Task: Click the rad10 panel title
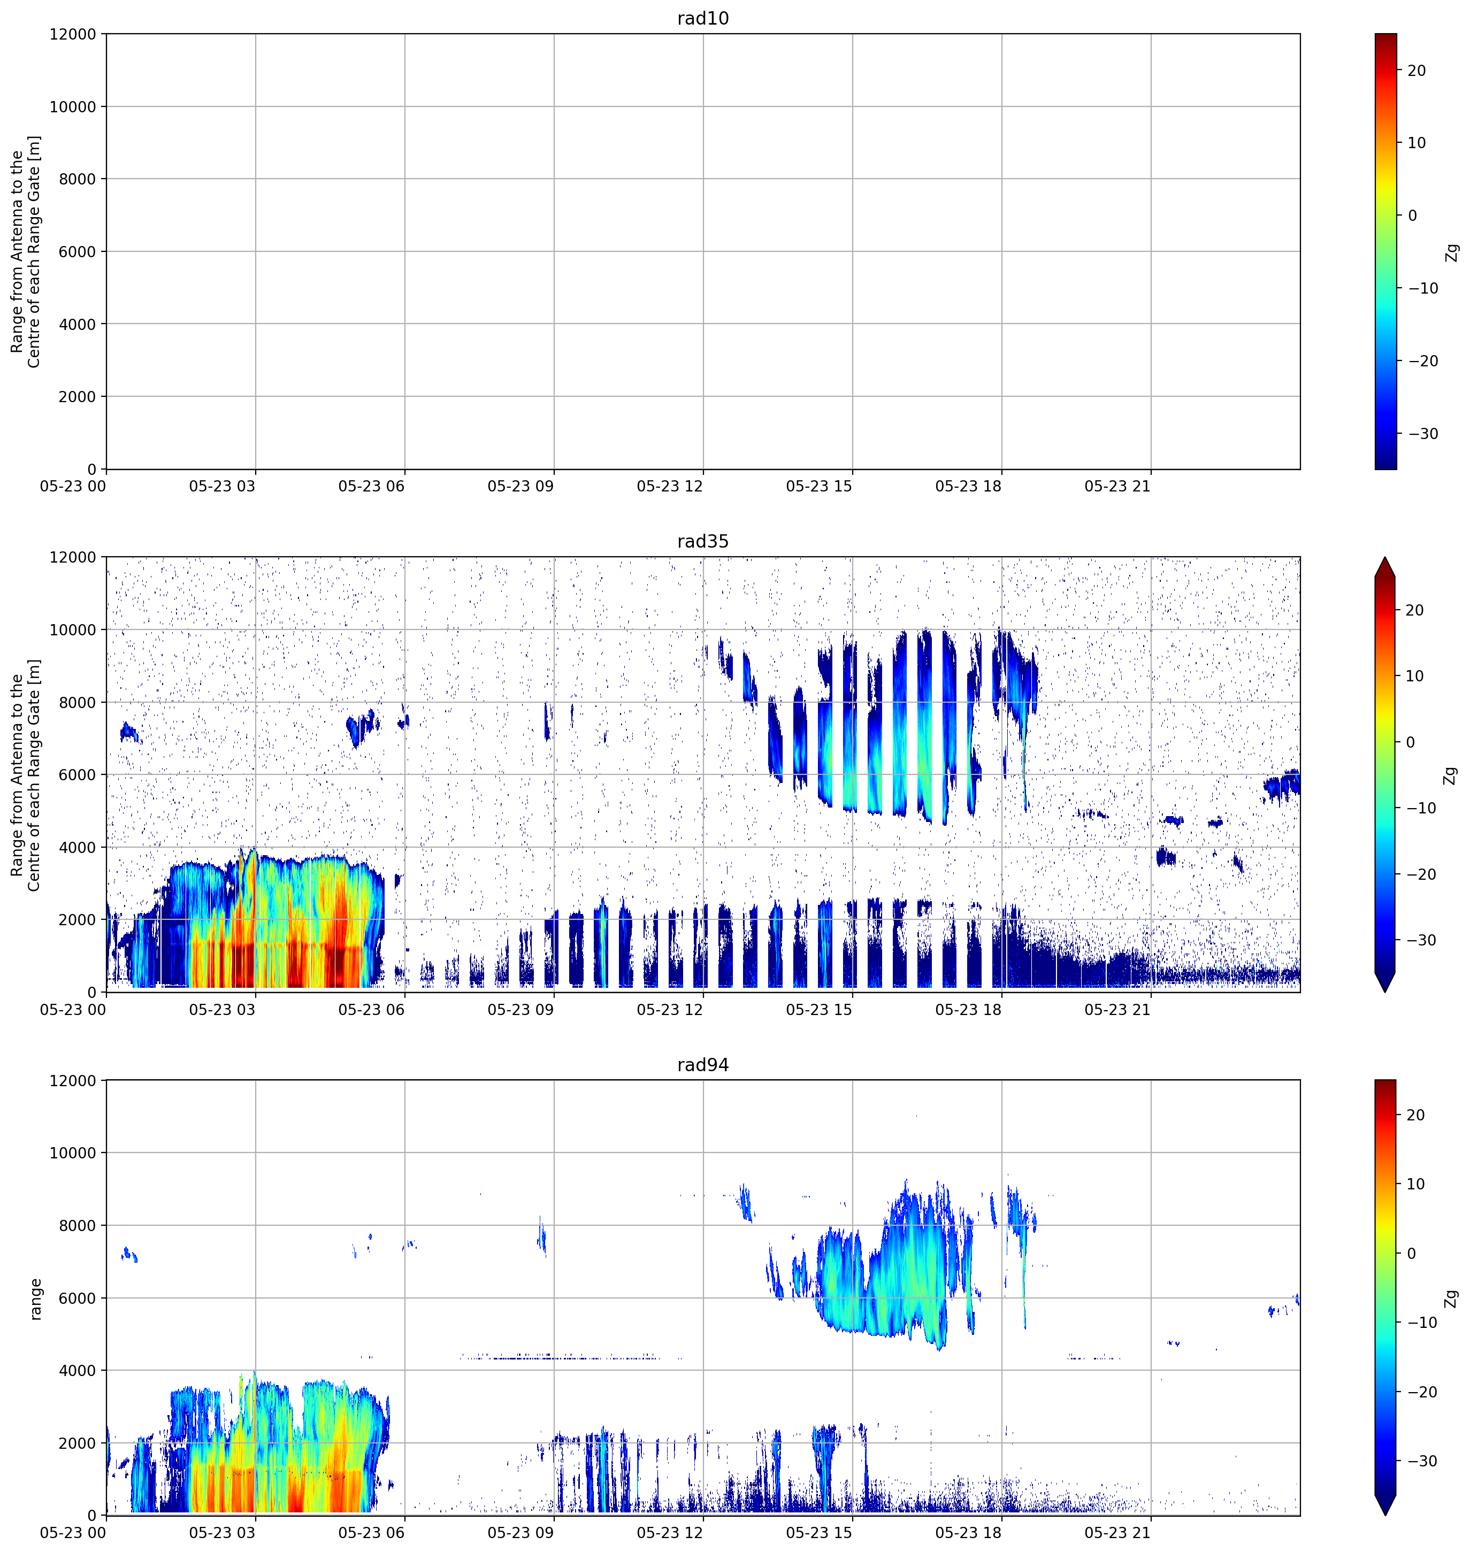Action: point(703,18)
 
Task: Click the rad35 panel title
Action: point(703,541)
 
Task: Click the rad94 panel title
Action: point(703,1065)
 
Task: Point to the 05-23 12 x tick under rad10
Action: point(670,487)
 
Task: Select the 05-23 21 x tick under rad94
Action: point(1117,1533)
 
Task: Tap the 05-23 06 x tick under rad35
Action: point(371,1010)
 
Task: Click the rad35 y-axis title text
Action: point(26,775)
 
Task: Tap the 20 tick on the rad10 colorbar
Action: point(1417,71)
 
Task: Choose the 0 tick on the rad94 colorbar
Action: point(1411,1254)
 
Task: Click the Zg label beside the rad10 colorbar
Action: point(1452,252)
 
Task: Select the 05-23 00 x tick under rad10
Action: point(73,487)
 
